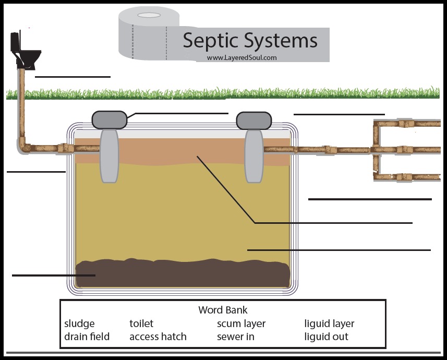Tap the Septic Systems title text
(x=250, y=41)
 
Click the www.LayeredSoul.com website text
(x=241, y=58)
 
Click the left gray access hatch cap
(x=110, y=120)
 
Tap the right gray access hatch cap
(x=253, y=120)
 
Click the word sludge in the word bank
(x=79, y=324)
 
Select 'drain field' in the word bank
(x=87, y=337)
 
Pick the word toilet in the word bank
(x=141, y=324)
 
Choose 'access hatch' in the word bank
(x=158, y=337)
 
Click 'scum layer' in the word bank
(x=241, y=324)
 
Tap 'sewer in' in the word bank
(x=235, y=337)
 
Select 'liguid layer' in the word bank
(x=329, y=324)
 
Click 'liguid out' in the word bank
(x=326, y=337)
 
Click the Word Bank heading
(x=223, y=310)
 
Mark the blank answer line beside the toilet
(x=73, y=77)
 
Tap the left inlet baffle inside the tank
(x=110, y=156)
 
